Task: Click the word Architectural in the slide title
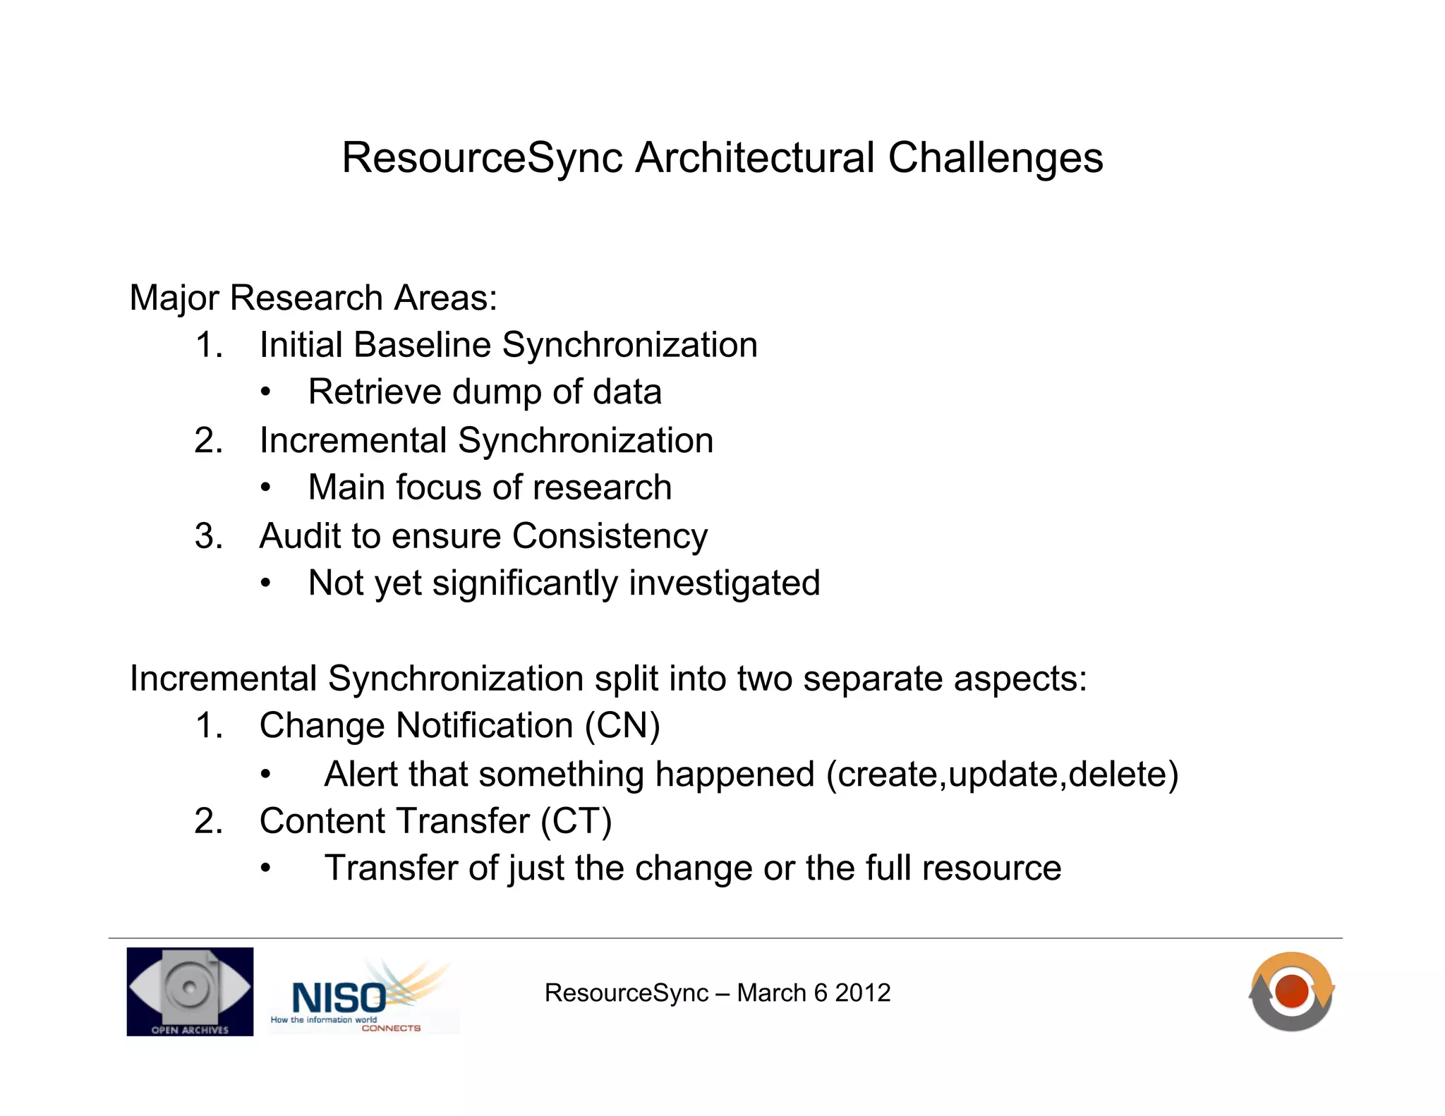tap(755, 157)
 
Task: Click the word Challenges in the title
tap(995, 157)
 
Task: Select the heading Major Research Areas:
tap(313, 298)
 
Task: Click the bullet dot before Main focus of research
tap(265, 488)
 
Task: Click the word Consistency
tap(610, 536)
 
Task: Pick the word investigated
tap(724, 583)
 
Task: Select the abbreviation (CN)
tap(622, 726)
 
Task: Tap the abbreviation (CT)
tap(576, 821)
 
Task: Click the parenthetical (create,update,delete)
tap(1002, 775)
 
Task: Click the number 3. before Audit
tap(209, 536)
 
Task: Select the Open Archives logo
tap(190, 991)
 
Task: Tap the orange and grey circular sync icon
tap(1291, 991)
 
